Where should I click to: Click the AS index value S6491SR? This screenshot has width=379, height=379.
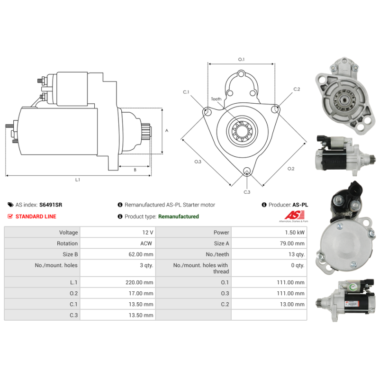click(x=50, y=205)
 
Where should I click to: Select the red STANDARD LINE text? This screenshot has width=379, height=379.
click(x=36, y=217)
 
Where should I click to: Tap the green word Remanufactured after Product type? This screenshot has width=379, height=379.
click(x=178, y=217)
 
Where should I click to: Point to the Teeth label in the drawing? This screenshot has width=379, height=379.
click(x=216, y=99)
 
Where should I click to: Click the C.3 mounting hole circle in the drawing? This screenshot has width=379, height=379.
click(x=246, y=171)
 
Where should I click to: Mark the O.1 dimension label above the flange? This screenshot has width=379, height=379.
click(x=241, y=59)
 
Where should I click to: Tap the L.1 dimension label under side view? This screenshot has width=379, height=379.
click(x=78, y=180)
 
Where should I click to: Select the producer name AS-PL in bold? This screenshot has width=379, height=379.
click(x=300, y=205)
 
